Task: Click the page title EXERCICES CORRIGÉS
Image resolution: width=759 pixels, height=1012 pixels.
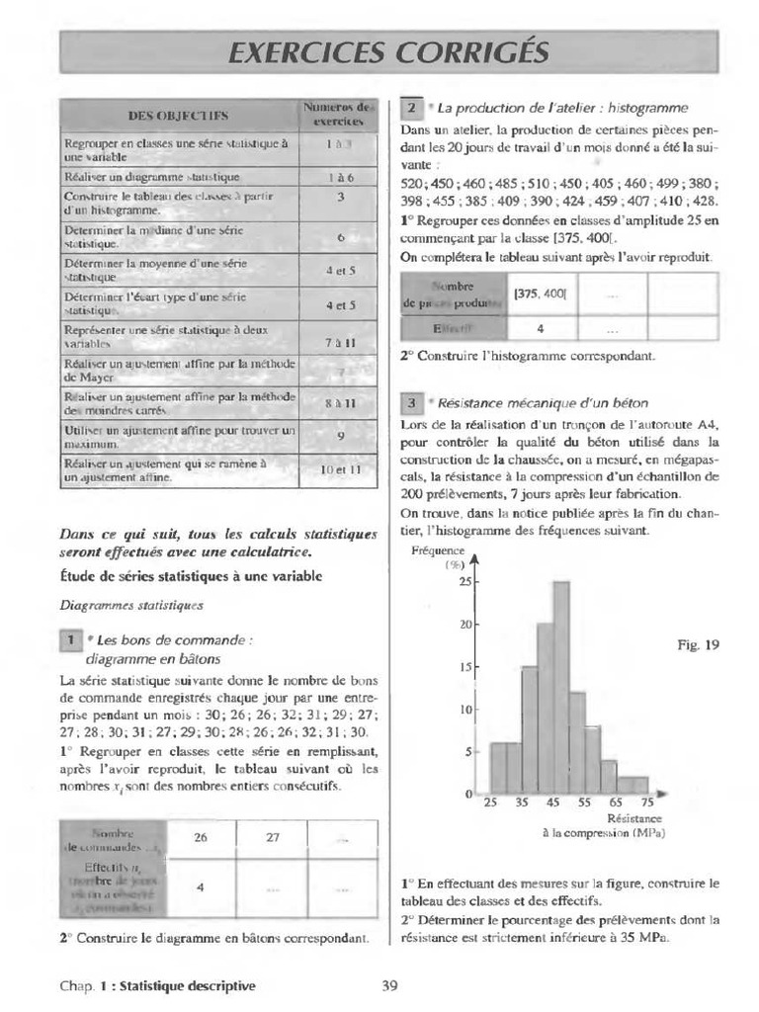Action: click(x=386, y=51)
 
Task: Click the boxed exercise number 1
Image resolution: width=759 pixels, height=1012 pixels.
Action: click(x=71, y=640)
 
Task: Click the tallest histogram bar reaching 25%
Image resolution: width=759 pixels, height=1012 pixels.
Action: click(x=560, y=687)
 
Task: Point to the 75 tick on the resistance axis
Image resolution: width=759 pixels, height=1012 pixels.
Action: click(x=646, y=802)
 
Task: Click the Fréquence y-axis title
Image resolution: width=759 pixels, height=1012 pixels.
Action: click(x=438, y=551)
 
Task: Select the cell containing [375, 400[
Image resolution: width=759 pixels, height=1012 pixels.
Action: click(x=541, y=293)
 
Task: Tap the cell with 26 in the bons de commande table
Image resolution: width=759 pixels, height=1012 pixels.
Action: click(x=201, y=837)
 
